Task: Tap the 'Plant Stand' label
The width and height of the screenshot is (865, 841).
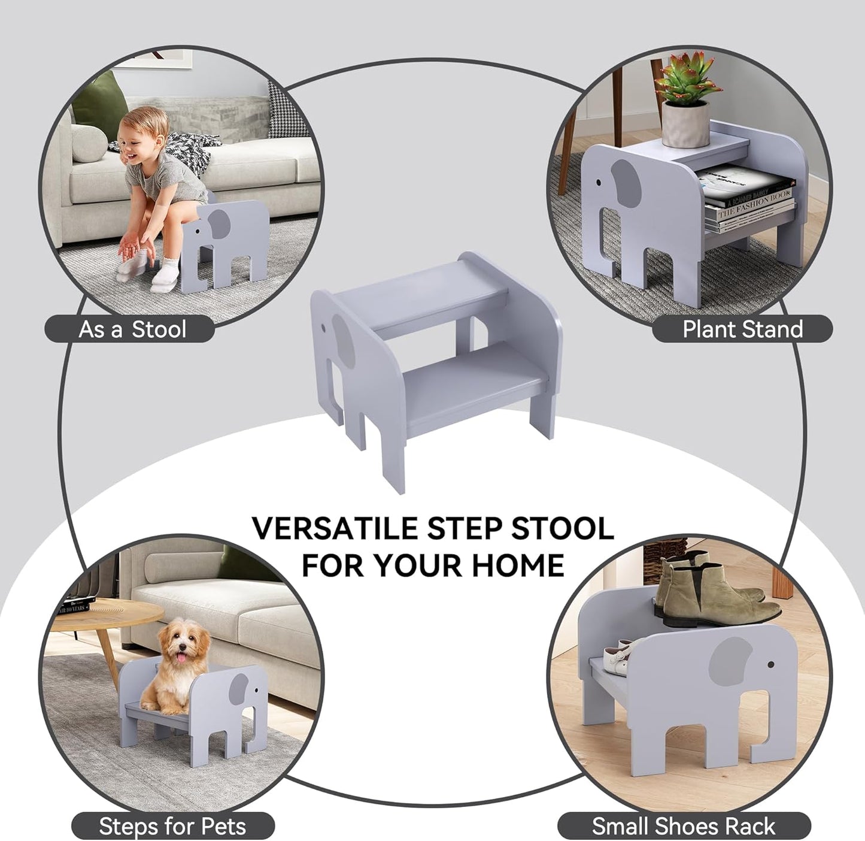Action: click(742, 329)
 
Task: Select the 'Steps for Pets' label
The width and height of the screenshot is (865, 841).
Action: click(172, 827)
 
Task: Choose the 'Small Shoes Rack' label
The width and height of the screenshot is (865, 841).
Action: click(684, 827)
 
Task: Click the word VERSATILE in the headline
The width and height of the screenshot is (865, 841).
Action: click(334, 528)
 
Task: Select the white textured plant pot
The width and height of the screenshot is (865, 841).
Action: click(685, 124)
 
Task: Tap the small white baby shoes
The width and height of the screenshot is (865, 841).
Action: click(614, 656)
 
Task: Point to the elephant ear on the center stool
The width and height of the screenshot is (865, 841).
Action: click(344, 341)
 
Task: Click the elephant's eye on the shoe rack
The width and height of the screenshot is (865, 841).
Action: click(770, 664)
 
